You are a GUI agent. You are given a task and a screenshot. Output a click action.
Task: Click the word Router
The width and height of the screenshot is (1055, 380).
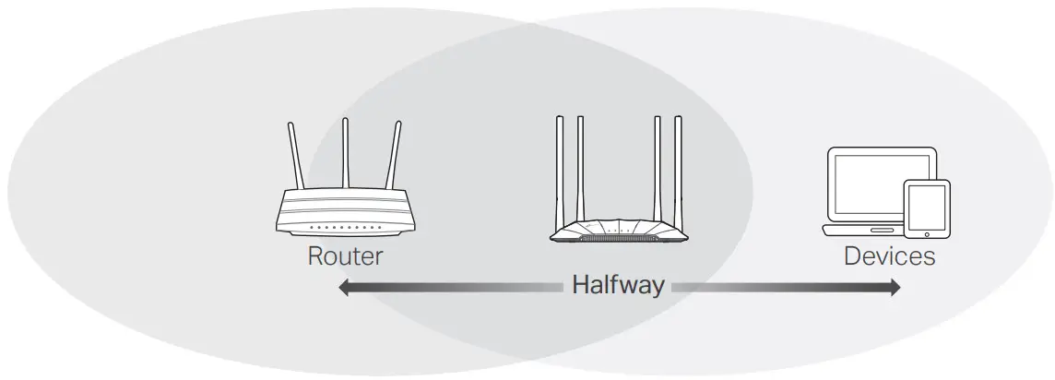click(x=345, y=255)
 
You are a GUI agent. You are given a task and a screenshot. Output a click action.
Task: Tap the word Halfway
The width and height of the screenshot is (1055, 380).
click(x=617, y=285)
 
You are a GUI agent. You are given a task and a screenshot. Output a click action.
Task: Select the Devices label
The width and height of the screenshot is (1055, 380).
click(x=889, y=255)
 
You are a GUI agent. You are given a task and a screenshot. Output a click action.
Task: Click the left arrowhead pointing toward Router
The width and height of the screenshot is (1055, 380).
click(x=344, y=288)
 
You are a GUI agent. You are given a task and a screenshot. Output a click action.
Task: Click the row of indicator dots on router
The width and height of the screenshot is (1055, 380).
click(x=346, y=227)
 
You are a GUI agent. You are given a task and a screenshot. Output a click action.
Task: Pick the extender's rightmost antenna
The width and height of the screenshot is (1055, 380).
click(x=679, y=171)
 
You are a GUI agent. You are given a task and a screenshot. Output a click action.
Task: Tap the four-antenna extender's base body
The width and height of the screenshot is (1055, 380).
click(x=618, y=231)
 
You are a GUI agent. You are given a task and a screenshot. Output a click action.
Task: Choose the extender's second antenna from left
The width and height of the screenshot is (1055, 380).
click(x=580, y=171)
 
